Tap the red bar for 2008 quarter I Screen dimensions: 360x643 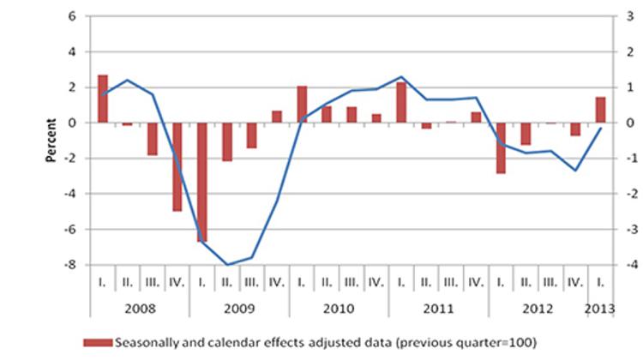click(x=103, y=99)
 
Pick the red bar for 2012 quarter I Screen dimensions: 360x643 click(x=501, y=147)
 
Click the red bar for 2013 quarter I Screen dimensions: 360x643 click(x=600, y=110)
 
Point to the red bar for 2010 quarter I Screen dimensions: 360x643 click(x=302, y=104)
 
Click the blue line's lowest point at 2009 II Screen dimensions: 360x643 click(x=227, y=264)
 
